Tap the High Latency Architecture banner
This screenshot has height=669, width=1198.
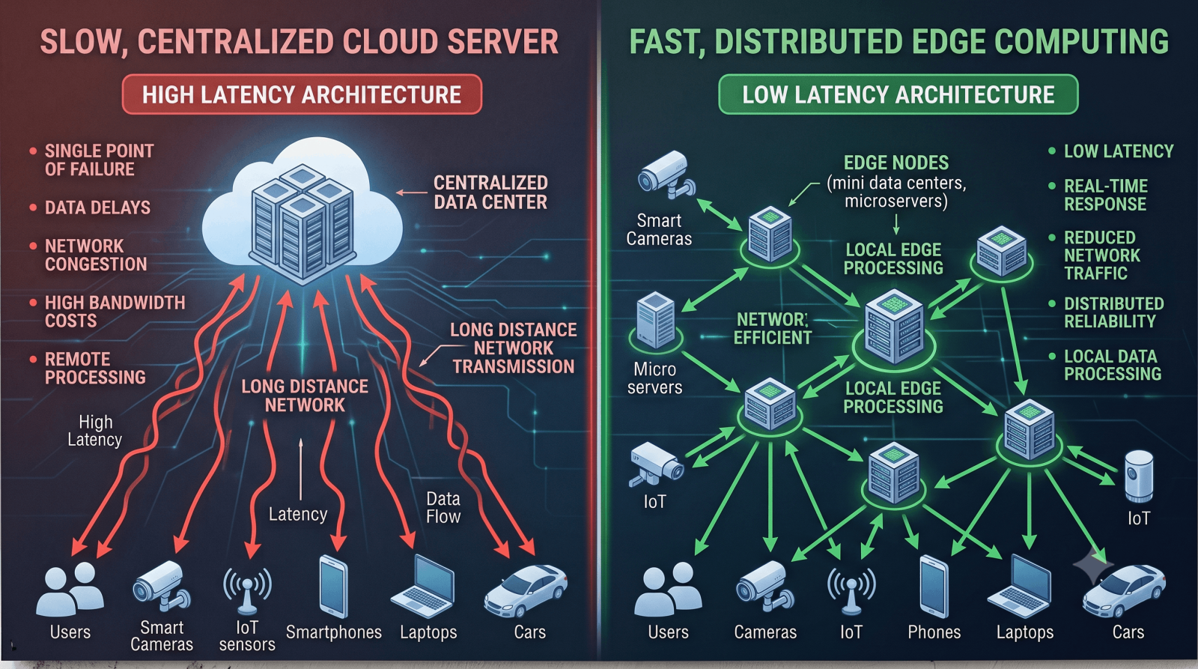click(x=302, y=94)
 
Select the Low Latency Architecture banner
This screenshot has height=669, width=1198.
click(x=898, y=94)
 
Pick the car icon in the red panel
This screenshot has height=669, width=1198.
click(x=526, y=590)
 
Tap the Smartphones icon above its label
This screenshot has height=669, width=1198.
click(x=333, y=587)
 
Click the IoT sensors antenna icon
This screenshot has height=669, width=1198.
click(x=247, y=591)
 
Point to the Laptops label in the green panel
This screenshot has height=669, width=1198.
click(x=1025, y=632)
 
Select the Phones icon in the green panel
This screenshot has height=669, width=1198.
click(x=934, y=587)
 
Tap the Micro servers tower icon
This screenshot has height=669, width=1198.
click(x=656, y=319)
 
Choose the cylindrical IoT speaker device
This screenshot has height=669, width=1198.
click(x=1139, y=476)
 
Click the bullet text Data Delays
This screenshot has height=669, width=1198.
click(x=98, y=208)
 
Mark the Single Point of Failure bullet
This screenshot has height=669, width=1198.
click(x=99, y=160)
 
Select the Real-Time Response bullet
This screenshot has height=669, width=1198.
click(x=1105, y=195)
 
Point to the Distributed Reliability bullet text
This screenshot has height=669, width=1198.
click(x=1113, y=312)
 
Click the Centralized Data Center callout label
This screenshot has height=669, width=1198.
click(x=490, y=192)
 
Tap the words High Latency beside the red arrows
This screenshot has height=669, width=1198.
click(x=95, y=430)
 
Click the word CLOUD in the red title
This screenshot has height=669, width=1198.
click(x=386, y=42)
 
